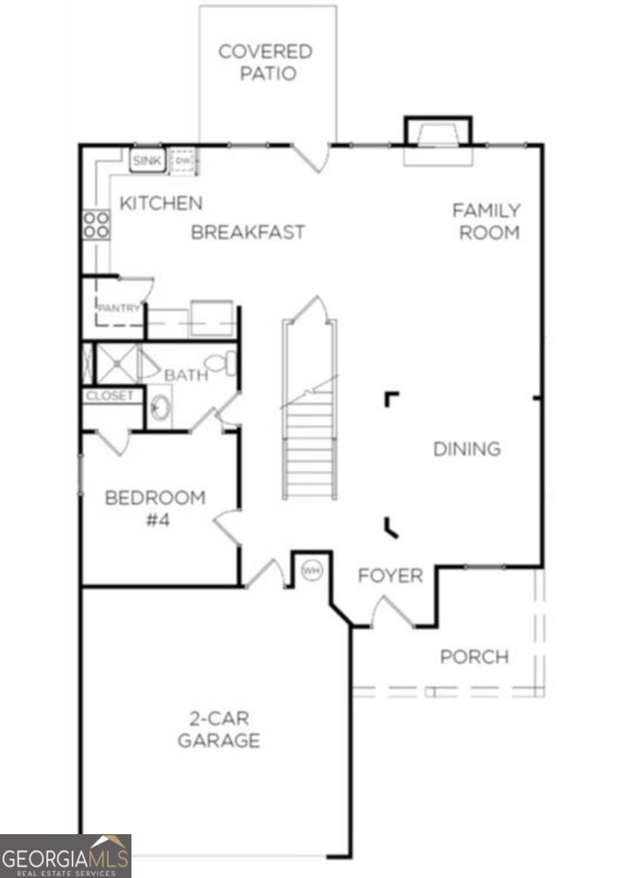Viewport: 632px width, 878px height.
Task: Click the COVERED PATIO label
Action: [265, 62]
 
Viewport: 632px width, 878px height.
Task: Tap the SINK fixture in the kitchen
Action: [147, 160]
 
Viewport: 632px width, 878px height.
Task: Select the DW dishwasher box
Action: [183, 160]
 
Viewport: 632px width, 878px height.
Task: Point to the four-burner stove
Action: [97, 224]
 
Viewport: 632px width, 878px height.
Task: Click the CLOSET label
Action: [110, 396]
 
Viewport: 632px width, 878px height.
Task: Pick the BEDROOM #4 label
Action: [154, 508]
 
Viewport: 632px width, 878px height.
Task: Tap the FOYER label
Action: [391, 576]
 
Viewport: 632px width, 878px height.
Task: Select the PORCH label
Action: [474, 657]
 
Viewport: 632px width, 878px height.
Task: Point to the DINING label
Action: [466, 449]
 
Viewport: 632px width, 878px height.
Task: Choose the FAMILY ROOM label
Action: [487, 221]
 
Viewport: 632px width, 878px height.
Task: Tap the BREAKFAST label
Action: [248, 232]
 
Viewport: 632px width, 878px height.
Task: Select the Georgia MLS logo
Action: [65, 856]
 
